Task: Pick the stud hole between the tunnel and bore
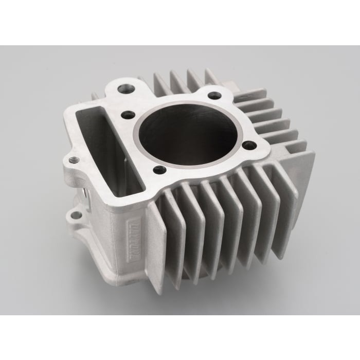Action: (128, 115)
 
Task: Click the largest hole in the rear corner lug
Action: (126, 88)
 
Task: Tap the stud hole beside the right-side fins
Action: (249, 146)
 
